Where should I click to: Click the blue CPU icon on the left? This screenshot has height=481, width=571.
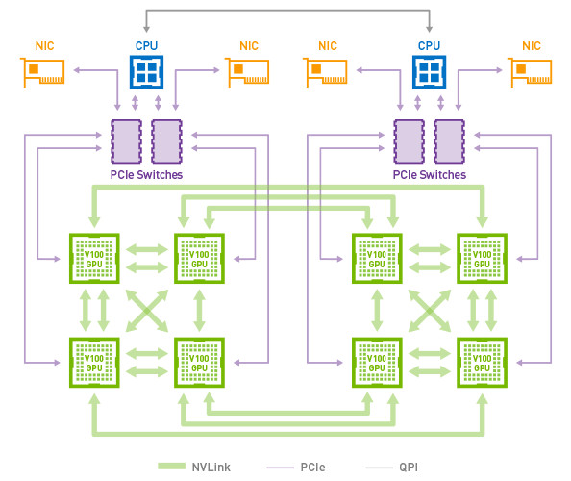pyautogui.click(x=146, y=72)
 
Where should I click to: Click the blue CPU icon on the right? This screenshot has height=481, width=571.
pyautogui.click(x=429, y=72)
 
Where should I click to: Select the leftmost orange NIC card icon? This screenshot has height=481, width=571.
pyautogui.click(x=42, y=72)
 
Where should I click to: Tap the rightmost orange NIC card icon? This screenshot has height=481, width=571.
pyautogui.click(x=530, y=72)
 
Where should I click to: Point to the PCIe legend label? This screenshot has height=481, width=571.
pyautogui.click(x=312, y=468)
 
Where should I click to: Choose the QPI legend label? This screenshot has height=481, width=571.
pyautogui.click(x=409, y=468)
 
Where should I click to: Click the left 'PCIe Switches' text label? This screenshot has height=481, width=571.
pyautogui.click(x=146, y=175)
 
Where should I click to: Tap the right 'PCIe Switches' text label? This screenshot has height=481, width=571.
pyautogui.click(x=430, y=175)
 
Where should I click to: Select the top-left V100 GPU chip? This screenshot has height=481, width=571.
pyautogui.click(x=94, y=259)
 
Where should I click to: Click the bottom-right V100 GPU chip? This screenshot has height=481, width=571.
pyautogui.click(x=483, y=363)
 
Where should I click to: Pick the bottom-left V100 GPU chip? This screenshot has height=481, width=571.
pyautogui.click(x=94, y=363)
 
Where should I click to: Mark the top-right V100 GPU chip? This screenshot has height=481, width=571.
pyautogui.click(x=483, y=259)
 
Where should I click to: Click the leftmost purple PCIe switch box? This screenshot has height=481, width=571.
pyautogui.click(x=126, y=141)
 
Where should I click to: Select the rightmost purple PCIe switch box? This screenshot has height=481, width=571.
pyautogui.click(x=449, y=141)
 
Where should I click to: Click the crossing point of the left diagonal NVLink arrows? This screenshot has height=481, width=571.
pyautogui.click(x=147, y=311)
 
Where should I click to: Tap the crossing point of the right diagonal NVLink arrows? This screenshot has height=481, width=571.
pyautogui.click(x=430, y=311)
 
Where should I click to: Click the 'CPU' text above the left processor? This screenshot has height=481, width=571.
pyautogui.click(x=146, y=46)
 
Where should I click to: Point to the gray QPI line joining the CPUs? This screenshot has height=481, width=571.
pyautogui.click(x=287, y=11)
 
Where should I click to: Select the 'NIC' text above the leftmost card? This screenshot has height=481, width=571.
pyautogui.click(x=45, y=46)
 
